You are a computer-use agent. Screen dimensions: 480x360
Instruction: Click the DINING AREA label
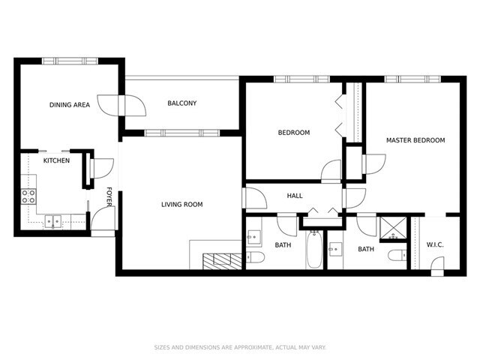click(x=70, y=105)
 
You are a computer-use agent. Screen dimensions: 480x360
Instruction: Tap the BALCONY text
click(x=181, y=103)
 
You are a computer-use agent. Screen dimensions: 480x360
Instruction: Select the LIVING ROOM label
click(x=181, y=205)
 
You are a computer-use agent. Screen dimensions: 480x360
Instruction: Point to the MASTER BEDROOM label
click(x=415, y=140)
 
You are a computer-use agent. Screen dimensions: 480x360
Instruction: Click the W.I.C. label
click(x=435, y=245)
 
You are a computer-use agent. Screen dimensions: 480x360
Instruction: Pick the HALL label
click(x=295, y=196)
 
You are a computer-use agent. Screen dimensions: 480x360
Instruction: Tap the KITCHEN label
click(x=56, y=160)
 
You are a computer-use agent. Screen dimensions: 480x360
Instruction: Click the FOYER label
click(x=109, y=196)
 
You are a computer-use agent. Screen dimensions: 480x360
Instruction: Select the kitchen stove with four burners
click(x=28, y=196)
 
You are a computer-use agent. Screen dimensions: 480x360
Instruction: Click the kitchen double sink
click(x=53, y=222)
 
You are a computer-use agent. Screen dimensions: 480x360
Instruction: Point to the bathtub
click(x=314, y=249)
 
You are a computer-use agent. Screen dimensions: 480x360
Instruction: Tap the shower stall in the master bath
click(x=393, y=228)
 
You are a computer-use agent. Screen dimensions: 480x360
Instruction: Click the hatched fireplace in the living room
click(x=222, y=262)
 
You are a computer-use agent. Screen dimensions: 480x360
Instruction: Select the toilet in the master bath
click(x=397, y=255)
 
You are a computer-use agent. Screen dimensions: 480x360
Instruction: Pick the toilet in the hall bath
click(x=255, y=257)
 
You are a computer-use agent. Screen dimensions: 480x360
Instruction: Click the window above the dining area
click(x=70, y=61)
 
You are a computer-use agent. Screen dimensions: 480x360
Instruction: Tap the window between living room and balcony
click(x=181, y=133)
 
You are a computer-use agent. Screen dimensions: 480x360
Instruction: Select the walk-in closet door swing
click(x=437, y=264)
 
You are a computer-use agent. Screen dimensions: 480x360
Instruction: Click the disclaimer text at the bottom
click(x=240, y=347)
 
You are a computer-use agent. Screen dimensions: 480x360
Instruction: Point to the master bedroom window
click(x=412, y=79)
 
